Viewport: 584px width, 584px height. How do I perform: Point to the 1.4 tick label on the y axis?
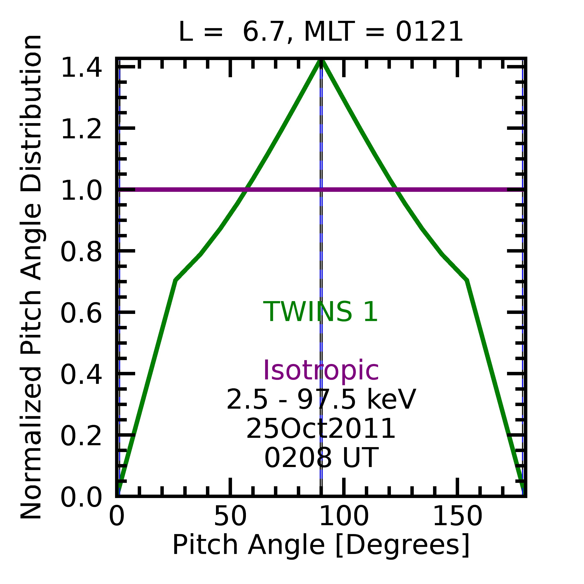pyautogui.click(x=81, y=68)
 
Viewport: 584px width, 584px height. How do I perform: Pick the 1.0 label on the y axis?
pyautogui.click(x=81, y=191)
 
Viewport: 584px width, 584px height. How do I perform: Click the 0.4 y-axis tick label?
pyautogui.click(x=81, y=375)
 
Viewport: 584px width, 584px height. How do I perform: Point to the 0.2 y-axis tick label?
pyautogui.click(x=81, y=436)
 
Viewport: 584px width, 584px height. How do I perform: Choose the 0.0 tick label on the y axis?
pyautogui.click(x=81, y=498)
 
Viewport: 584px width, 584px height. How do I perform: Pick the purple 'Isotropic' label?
pyautogui.click(x=321, y=371)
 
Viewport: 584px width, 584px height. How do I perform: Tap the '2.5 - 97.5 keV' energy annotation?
pyautogui.click(x=321, y=400)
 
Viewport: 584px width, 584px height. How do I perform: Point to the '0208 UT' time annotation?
pyautogui.click(x=321, y=458)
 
